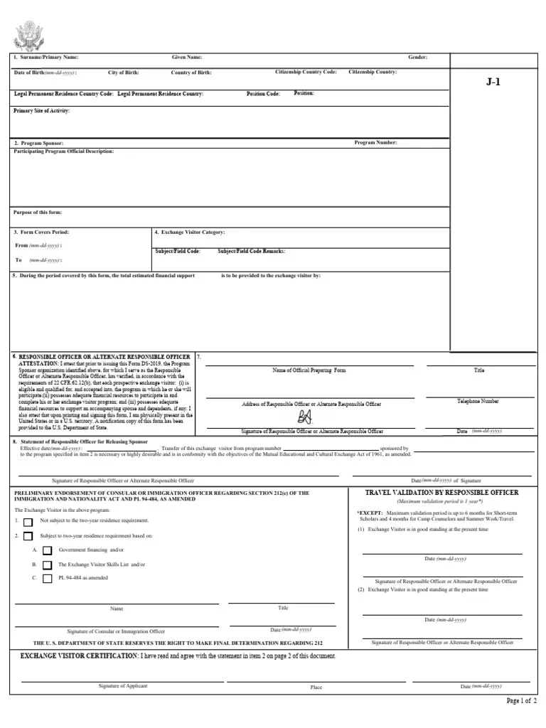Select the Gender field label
417,57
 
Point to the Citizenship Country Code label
306,73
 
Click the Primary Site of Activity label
42,111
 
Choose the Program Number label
375,143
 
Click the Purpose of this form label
38,213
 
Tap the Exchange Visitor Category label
190,232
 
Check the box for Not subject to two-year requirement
28,521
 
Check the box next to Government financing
47,550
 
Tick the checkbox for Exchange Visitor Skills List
47,564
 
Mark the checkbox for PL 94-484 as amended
47,578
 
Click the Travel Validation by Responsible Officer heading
441,493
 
